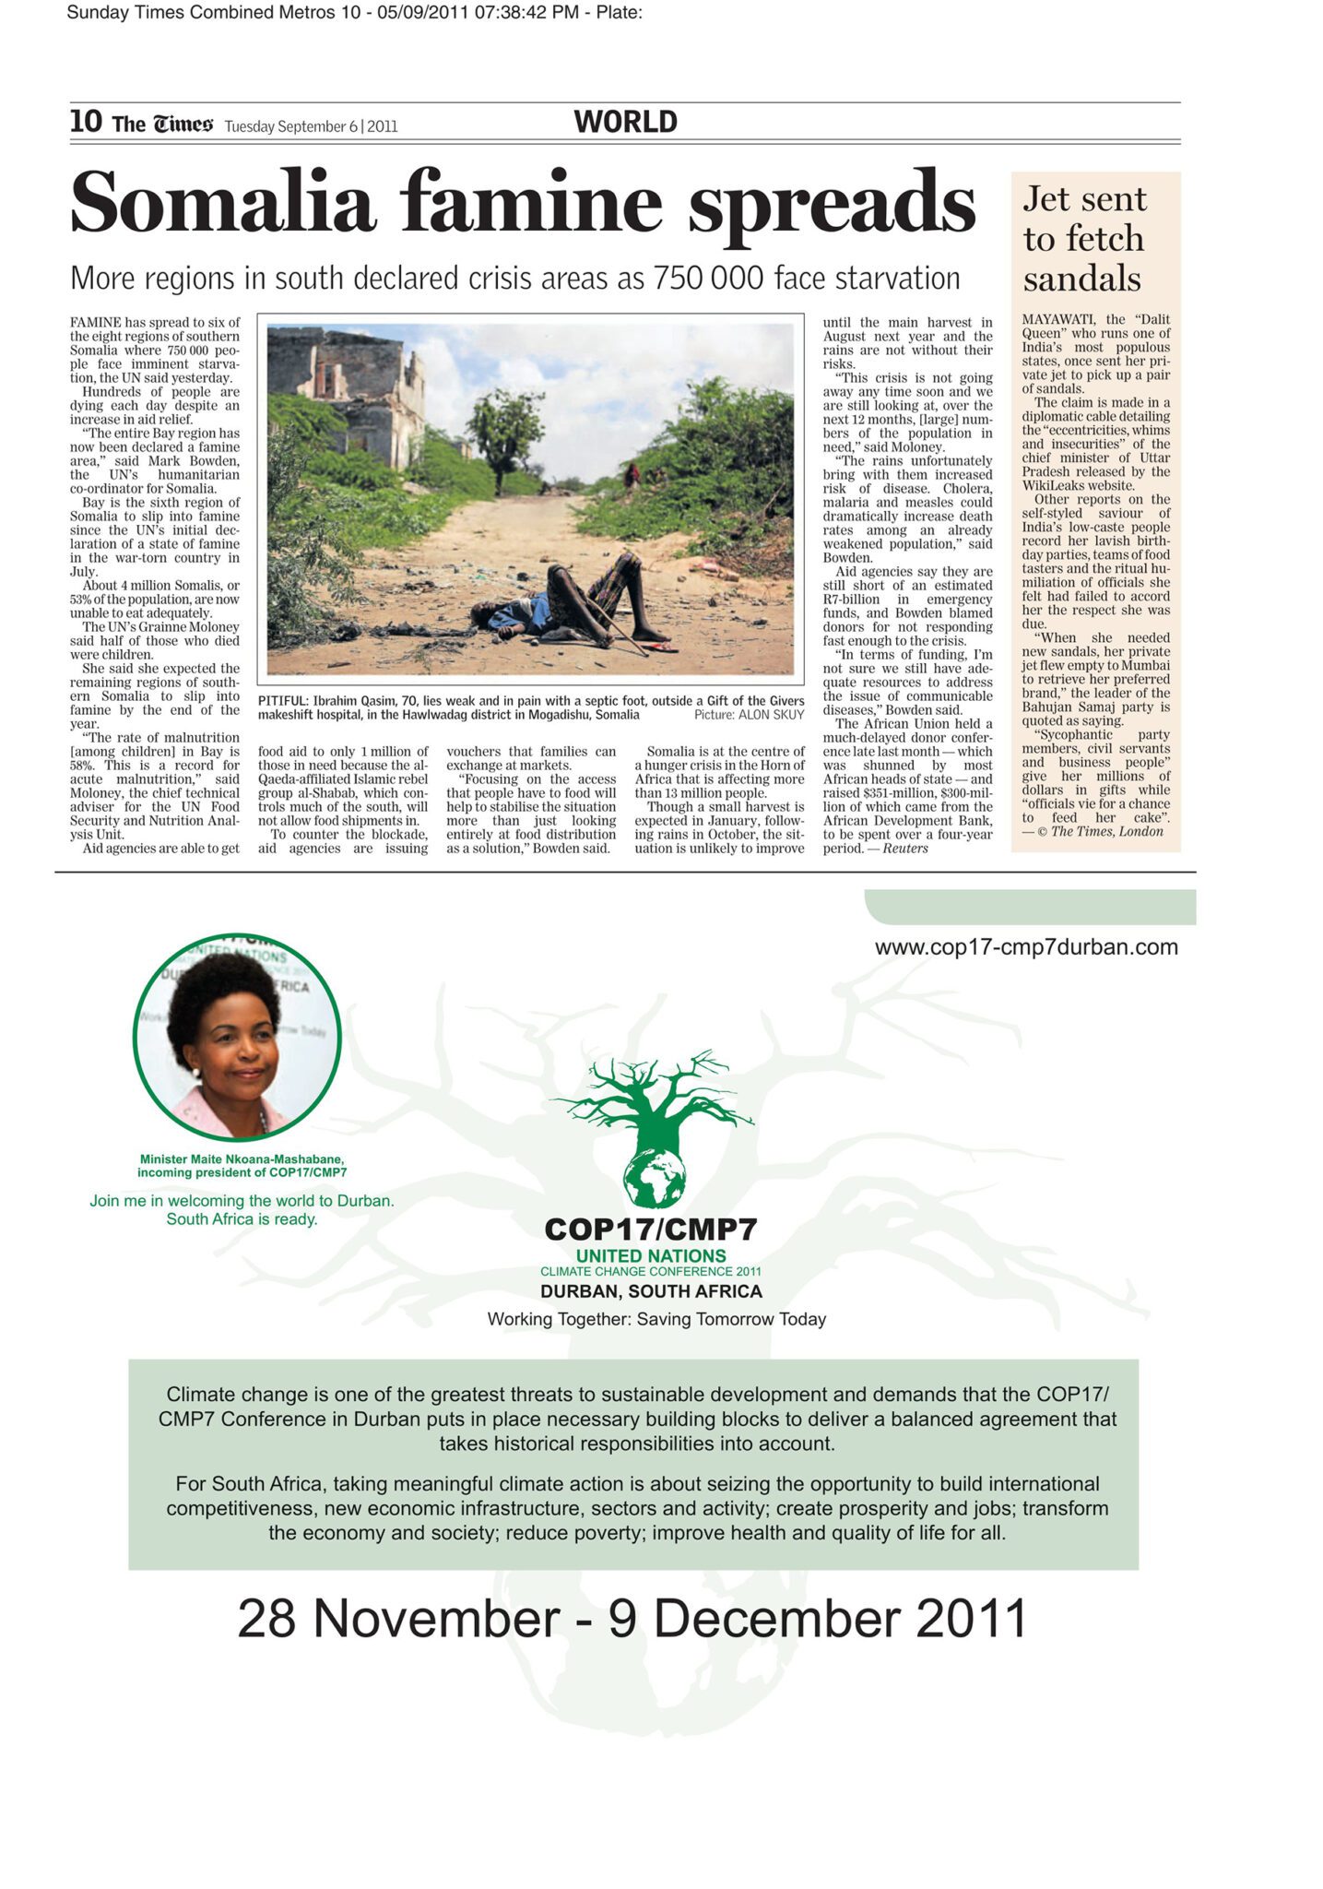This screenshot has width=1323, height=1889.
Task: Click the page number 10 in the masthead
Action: tap(86, 122)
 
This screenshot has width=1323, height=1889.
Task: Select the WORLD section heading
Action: tap(625, 122)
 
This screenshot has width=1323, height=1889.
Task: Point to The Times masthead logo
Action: tap(162, 124)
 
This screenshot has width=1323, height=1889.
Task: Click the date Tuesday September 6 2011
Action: tap(311, 126)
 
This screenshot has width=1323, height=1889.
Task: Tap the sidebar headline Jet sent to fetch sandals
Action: tap(1084, 239)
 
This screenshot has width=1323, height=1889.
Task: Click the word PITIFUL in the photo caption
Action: tap(281, 701)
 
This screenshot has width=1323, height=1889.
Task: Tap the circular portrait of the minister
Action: tap(237, 1038)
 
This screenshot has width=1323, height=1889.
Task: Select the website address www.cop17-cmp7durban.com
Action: tap(1025, 947)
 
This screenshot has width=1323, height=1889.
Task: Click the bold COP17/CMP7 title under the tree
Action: tap(651, 1229)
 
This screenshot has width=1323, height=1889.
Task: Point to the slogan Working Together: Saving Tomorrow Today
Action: tap(656, 1319)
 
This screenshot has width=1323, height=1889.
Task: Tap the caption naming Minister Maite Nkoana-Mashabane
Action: tap(242, 1166)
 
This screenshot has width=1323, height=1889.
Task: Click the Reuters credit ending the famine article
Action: tap(905, 849)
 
